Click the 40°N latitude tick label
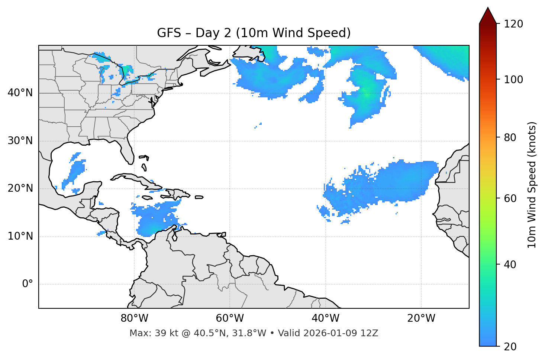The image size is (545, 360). tap(20, 93)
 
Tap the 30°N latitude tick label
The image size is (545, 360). tap(20, 141)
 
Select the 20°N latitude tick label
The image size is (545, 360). tap(20, 188)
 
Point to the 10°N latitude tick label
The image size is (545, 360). tap(20, 236)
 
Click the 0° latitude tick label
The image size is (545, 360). tap(28, 284)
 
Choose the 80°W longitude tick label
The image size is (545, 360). tap(134, 318)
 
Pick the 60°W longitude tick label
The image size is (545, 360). tap(230, 318)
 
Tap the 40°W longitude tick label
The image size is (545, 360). tap(325, 318)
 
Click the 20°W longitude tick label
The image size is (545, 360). tap(421, 318)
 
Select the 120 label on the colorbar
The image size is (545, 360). tap(513, 24)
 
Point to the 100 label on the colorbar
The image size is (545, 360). tap(513, 80)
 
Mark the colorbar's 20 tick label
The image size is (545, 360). tap(510, 347)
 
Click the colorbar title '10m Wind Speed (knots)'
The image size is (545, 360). tap(532, 185)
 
